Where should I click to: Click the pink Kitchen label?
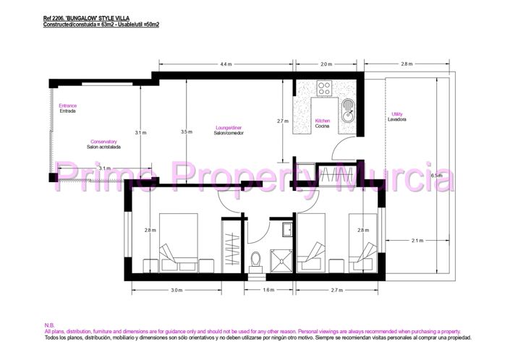[323, 121]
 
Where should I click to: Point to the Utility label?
[396, 114]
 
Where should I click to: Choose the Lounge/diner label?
[227, 128]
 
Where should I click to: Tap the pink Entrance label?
[67, 106]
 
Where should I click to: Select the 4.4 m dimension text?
[226, 64]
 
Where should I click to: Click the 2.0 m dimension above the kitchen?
[326, 64]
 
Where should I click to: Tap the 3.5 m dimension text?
[187, 132]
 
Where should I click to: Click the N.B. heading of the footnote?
[49, 325]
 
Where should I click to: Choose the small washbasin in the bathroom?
[286, 230]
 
